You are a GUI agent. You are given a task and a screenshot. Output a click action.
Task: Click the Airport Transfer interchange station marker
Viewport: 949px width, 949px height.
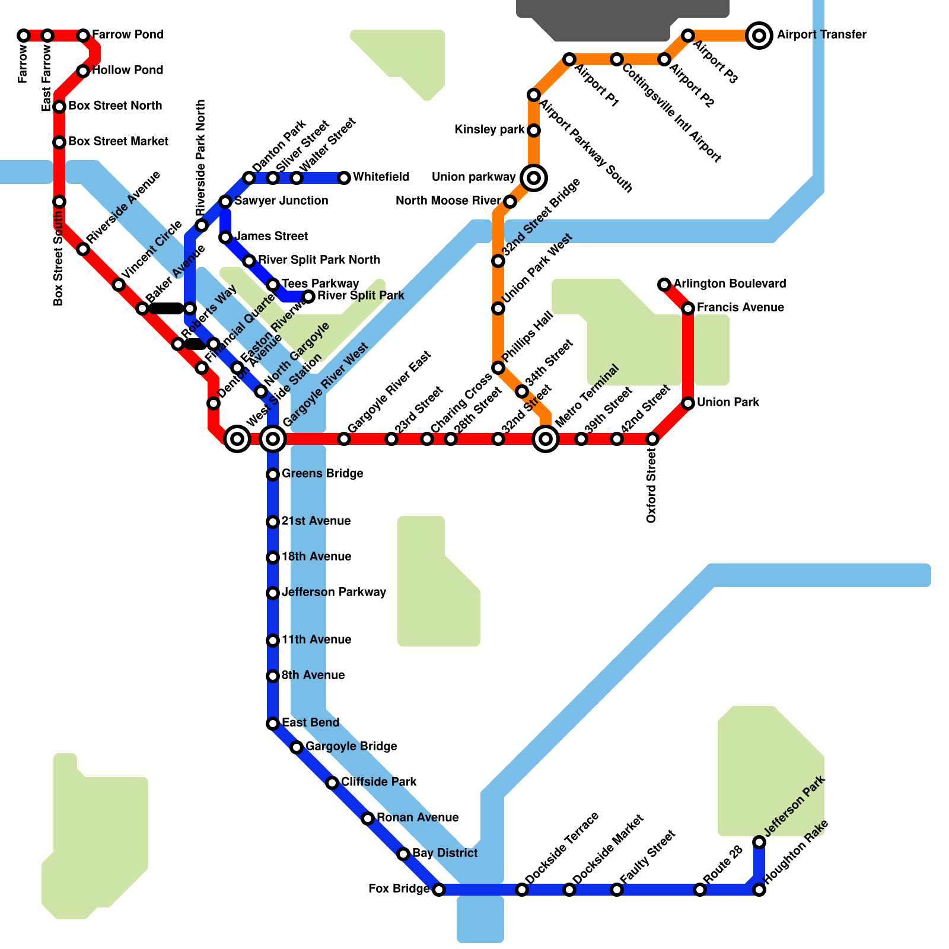click(759, 36)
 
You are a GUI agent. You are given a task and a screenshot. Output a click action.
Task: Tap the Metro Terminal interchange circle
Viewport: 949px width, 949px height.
click(546, 439)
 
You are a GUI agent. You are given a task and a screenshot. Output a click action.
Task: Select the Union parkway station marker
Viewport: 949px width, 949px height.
click(534, 177)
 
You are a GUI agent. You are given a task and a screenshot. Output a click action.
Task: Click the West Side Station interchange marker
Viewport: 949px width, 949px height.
click(237, 439)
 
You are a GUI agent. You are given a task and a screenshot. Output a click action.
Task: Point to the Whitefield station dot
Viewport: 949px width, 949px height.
click(344, 178)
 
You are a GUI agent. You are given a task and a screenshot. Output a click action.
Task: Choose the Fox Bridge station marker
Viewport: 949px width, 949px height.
click(439, 890)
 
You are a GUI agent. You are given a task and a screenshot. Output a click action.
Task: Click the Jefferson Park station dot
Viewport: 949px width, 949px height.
click(759, 842)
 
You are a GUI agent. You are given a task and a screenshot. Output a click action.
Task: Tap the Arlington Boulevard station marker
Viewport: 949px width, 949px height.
click(664, 285)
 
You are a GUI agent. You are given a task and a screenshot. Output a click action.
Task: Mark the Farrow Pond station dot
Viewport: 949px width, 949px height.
click(83, 36)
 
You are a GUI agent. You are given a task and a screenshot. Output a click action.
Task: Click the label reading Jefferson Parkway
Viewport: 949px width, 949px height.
click(333, 593)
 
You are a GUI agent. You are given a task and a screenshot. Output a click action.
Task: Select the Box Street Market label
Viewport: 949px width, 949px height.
click(118, 142)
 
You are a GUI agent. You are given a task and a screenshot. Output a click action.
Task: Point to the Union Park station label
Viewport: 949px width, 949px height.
click(728, 403)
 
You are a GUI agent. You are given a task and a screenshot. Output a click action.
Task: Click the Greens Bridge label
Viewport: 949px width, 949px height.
click(322, 474)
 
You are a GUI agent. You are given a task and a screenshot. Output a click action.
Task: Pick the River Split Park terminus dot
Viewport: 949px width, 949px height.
click(308, 297)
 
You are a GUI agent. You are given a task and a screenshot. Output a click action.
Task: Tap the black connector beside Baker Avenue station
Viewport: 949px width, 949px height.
click(166, 308)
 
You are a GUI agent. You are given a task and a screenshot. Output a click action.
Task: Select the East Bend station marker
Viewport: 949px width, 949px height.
click(273, 724)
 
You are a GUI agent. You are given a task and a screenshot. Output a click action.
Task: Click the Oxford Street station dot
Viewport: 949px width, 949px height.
click(652, 439)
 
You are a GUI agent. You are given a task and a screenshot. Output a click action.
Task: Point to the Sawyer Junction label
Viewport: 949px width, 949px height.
click(281, 201)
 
